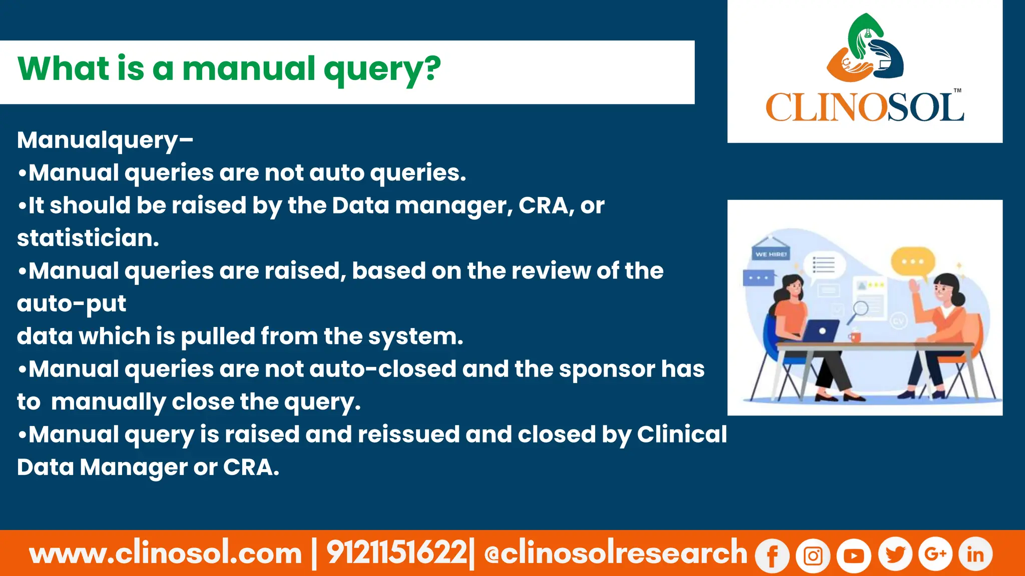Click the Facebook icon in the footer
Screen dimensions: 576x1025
coord(772,555)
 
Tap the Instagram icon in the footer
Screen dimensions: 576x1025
coord(813,555)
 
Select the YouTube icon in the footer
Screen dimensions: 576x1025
coord(854,555)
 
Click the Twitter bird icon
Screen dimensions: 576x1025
coord(895,554)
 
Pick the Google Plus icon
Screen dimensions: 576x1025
coord(935,554)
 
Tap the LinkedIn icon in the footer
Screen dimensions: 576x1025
coord(975,554)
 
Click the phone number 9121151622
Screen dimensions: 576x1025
coord(396,553)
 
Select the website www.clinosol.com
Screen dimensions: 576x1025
coord(166,553)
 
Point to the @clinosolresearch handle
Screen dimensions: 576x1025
coord(616,553)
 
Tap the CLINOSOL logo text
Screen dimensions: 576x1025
coord(864,107)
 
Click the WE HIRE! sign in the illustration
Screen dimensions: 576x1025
coord(771,254)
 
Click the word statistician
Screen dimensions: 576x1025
coord(88,238)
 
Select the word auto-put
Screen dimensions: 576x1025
coord(72,303)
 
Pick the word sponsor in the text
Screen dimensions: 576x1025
coord(607,369)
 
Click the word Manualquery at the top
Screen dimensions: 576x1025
coord(98,140)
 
